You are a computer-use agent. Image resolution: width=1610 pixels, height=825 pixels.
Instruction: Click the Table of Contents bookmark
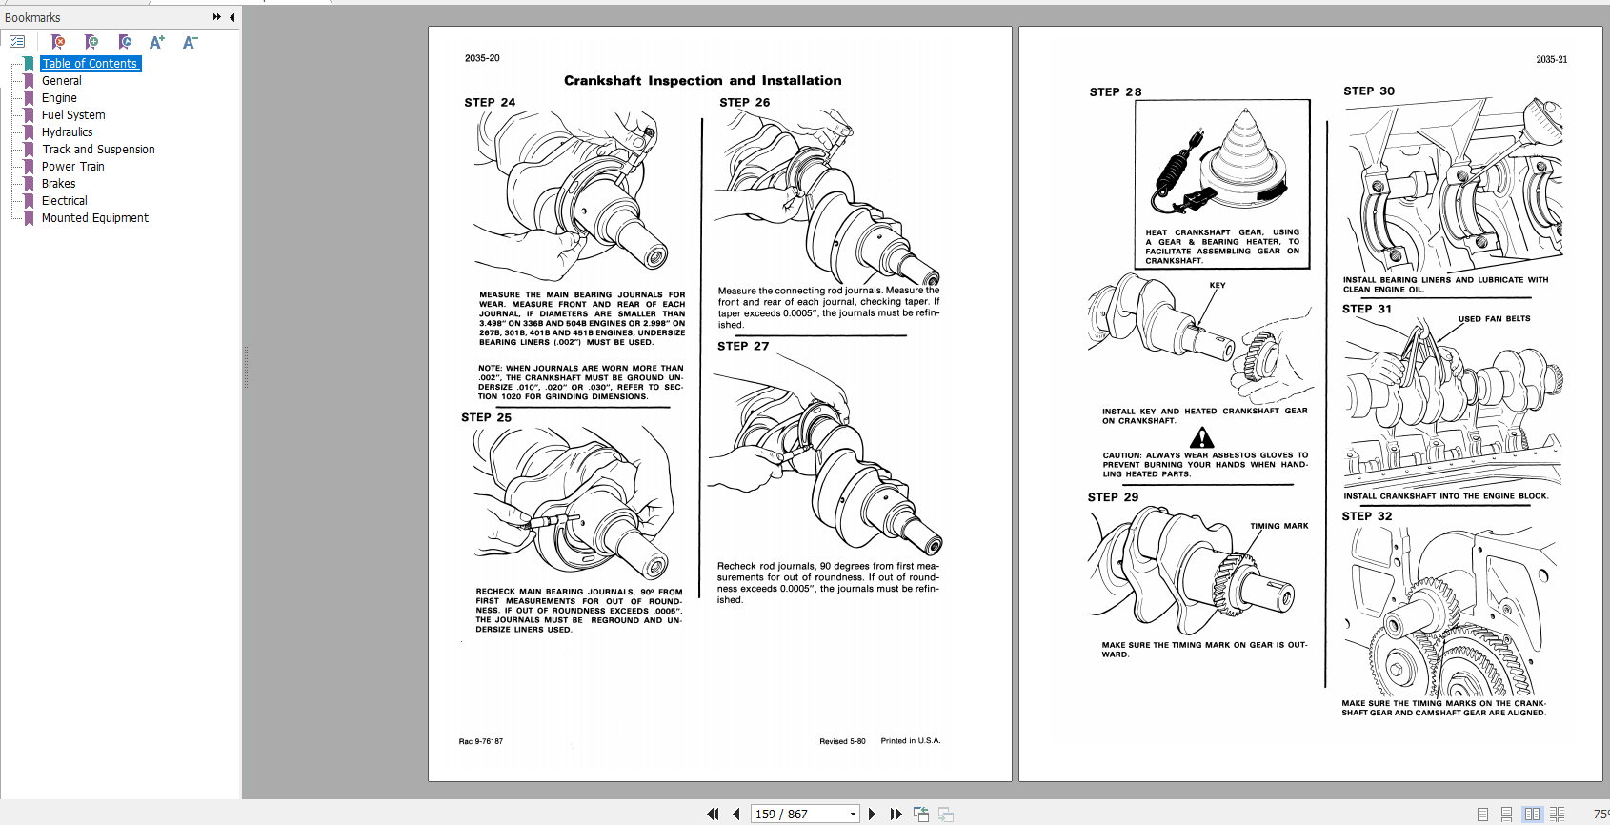click(x=90, y=64)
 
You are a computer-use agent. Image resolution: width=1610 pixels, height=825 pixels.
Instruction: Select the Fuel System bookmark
click(x=73, y=115)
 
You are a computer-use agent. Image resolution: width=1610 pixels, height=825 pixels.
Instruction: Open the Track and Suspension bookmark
click(x=98, y=150)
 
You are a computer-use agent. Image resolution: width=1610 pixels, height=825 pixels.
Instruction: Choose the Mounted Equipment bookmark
click(x=95, y=218)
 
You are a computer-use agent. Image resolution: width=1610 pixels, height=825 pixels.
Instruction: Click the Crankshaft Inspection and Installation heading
click(x=702, y=81)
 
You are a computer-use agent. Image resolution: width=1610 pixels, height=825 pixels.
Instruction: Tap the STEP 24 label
click(x=490, y=103)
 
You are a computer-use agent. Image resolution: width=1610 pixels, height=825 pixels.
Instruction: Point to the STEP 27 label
click(x=743, y=347)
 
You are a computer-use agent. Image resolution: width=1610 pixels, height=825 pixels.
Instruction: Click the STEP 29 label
click(x=1113, y=497)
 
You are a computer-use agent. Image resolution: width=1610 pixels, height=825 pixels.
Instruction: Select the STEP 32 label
click(x=1367, y=516)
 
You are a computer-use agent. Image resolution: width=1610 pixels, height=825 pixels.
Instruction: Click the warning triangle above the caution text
click(x=1202, y=437)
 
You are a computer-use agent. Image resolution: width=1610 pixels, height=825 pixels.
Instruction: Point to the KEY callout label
click(x=1218, y=286)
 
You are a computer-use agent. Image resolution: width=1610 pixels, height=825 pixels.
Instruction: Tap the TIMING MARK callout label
click(x=1278, y=526)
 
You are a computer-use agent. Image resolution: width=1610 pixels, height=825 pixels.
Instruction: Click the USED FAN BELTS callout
click(x=1494, y=319)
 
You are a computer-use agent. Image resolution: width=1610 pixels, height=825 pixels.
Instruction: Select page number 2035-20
click(x=482, y=58)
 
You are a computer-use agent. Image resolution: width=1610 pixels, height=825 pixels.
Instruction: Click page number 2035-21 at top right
click(x=1551, y=60)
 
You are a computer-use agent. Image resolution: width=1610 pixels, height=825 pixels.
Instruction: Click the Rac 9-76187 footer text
click(x=481, y=741)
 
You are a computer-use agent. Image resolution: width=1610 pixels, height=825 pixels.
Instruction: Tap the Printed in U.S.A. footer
click(x=910, y=741)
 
